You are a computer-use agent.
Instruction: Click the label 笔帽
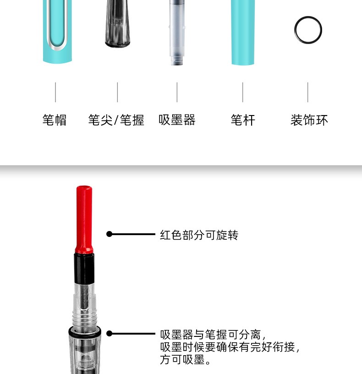(x=55, y=120)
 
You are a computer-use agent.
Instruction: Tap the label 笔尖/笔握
(x=116, y=120)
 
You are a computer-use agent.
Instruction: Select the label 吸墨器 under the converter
(x=177, y=120)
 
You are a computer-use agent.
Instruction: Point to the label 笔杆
(x=243, y=120)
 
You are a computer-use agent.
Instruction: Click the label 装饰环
(x=309, y=120)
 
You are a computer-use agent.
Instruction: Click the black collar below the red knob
(x=84, y=268)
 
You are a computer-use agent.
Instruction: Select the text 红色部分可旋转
(x=199, y=235)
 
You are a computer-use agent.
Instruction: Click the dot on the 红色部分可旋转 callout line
(x=109, y=234)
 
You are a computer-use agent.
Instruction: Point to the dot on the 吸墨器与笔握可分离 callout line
(x=109, y=334)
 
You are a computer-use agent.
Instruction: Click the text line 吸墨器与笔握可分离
(x=213, y=335)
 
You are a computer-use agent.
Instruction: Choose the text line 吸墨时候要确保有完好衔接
(x=230, y=347)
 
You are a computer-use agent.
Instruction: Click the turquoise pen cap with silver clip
(x=57, y=31)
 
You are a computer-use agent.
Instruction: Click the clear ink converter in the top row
(x=177, y=32)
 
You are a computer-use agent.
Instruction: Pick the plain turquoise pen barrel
(x=243, y=32)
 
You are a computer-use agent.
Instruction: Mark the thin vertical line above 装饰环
(x=307, y=92)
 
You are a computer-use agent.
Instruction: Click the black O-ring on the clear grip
(x=85, y=332)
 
